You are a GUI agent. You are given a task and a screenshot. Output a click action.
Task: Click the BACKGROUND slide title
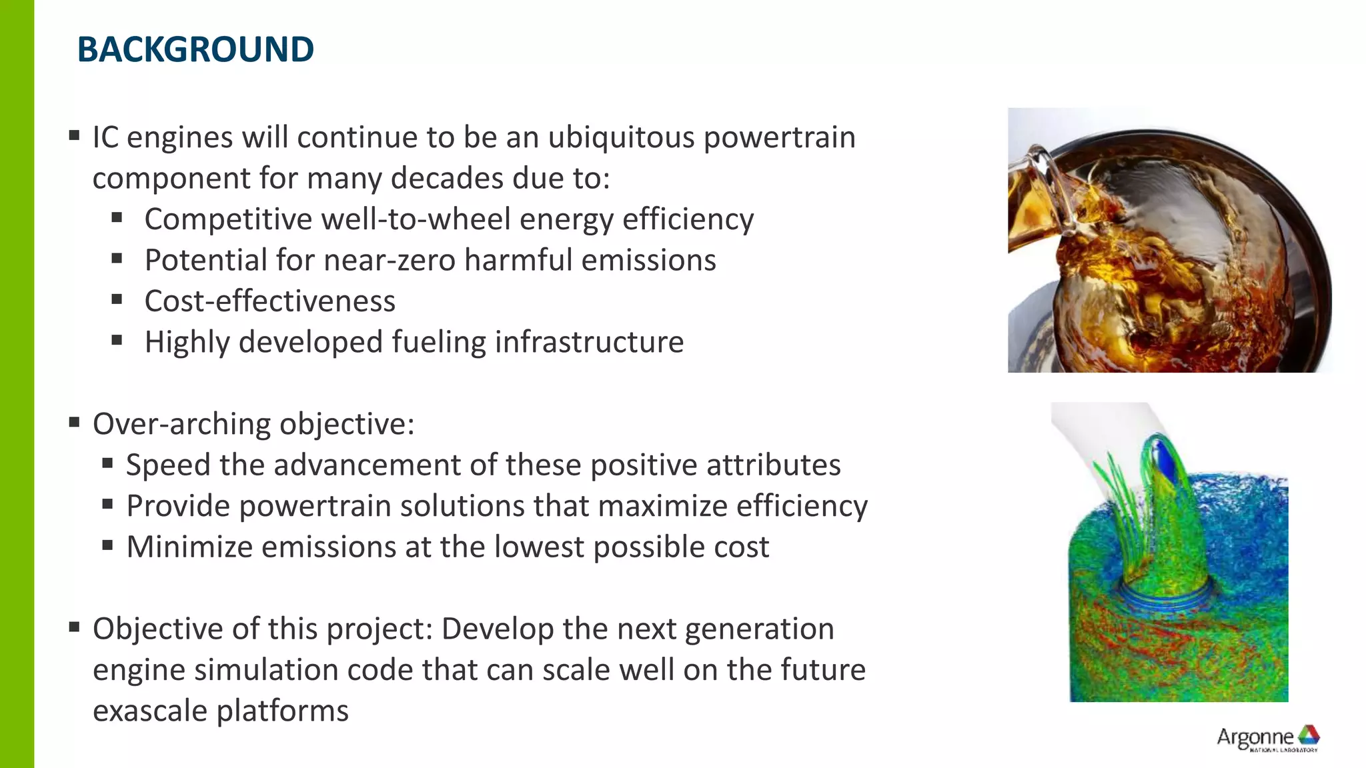(x=195, y=50)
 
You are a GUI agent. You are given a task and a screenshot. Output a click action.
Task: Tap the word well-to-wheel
(x=416, y=220)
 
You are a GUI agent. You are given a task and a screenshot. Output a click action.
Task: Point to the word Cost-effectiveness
(x=269, y=301)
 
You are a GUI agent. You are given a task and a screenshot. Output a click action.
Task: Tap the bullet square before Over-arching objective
(x=74, y=423)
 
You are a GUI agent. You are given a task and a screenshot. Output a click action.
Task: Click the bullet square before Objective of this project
(x=74, y=627)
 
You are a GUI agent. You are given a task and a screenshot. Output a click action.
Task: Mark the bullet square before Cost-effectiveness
(x=117, y=300)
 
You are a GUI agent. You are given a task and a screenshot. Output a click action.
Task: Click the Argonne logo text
(x=1255, y=737)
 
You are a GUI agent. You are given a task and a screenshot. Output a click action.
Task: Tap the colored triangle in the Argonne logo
(x=1309, y=735)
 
